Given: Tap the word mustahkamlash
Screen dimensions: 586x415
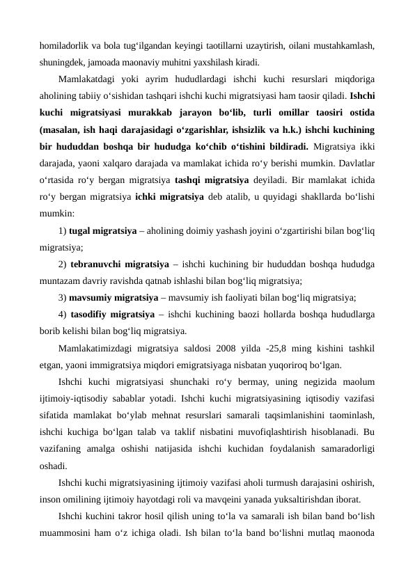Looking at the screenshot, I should [345, 47].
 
